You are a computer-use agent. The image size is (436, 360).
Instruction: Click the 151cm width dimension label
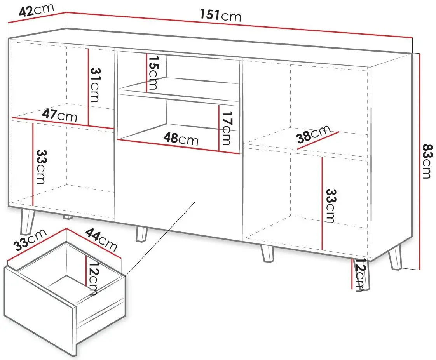pos(220,15)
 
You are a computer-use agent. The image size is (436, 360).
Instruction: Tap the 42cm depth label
pos(37,10)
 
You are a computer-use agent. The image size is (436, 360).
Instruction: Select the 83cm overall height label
pos(427,161)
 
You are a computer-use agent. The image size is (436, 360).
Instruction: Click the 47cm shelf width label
pos(59,115)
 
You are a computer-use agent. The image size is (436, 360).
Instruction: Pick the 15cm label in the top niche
pos(153,73)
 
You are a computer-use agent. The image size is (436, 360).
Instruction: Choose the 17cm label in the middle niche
pos(226,128)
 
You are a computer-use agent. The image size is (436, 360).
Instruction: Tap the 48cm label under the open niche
pos(181,138)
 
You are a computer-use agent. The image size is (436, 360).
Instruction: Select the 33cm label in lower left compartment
pos(42,167)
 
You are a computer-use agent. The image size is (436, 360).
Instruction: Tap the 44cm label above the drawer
pos(101,239)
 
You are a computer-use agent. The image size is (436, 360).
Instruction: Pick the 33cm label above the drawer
pos(30,240)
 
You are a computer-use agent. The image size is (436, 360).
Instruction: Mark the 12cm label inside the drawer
pos(92,278)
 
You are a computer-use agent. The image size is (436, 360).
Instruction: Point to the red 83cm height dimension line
pos(420,162)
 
